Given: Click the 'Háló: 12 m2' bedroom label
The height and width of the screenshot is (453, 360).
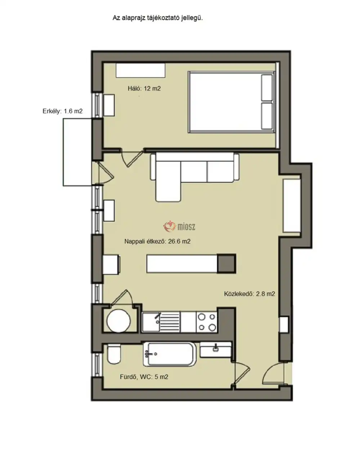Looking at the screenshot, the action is (144, 88).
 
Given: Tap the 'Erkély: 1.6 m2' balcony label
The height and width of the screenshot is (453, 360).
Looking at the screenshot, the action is (62, 111).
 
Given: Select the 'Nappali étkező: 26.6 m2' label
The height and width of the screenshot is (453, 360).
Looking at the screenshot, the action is (157, 241).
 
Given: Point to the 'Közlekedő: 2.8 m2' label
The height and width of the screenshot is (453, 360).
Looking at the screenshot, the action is (249, 294).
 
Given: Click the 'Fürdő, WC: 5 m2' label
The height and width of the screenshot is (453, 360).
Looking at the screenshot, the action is (144, 377).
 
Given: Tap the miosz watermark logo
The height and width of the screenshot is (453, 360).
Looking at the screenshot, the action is (179, 226).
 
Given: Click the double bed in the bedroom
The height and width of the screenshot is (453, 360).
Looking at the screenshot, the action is (231, 102).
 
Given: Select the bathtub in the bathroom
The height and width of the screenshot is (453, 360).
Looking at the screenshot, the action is (170, 354).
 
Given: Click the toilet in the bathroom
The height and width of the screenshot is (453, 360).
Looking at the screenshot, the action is (114, 354).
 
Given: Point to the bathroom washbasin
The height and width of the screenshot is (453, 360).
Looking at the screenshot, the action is (215, 350).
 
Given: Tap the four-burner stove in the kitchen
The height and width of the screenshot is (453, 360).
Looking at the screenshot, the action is (207, 322).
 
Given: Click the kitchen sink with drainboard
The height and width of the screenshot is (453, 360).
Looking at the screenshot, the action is (161, 322).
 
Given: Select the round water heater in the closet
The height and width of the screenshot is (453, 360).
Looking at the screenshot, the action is (118, 321).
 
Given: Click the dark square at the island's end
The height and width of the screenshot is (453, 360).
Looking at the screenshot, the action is (226, 263).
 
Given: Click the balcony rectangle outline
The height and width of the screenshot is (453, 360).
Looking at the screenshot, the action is (63, 152).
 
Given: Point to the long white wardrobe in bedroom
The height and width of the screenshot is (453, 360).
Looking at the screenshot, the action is (140, 70).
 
